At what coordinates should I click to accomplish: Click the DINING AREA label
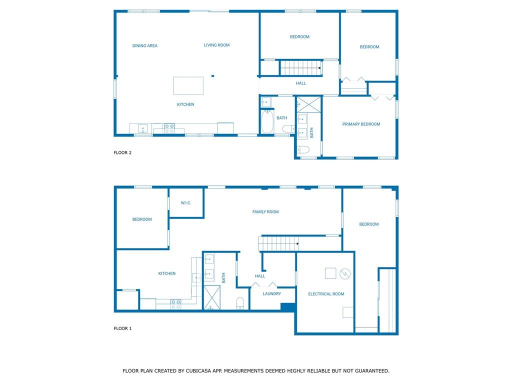[x=144, y=45]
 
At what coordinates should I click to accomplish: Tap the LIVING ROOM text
[x=216, y=45]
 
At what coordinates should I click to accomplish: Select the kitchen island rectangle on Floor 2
[x=188, y=85]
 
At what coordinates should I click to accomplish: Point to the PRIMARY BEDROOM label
[x=361, y=124]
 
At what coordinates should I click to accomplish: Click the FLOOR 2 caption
[x=122, y=152]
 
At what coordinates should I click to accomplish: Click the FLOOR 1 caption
[x=122, y=328]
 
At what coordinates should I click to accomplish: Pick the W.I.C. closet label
[x=186, y=203]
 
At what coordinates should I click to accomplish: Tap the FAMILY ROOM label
[x=265, y=211]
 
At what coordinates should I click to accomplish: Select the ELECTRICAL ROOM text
[x=326, y=294]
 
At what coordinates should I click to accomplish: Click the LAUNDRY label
[x=271, y=293]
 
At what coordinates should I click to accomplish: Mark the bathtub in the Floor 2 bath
[x=267, y=121]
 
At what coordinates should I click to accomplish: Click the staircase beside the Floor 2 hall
[x=300, y=68]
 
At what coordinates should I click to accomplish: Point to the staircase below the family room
[x=278, y=243]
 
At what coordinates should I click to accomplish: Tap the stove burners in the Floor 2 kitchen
[x=169, y=128]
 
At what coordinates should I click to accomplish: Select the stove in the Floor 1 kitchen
[x=175, y=304]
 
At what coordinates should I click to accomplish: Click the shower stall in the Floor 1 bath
[x=212, y=297]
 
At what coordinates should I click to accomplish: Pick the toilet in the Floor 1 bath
[x=240, y=303]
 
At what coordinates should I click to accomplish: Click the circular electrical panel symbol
[x=345, y=273]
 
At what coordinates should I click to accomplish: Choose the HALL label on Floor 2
[x=300, y=83]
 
